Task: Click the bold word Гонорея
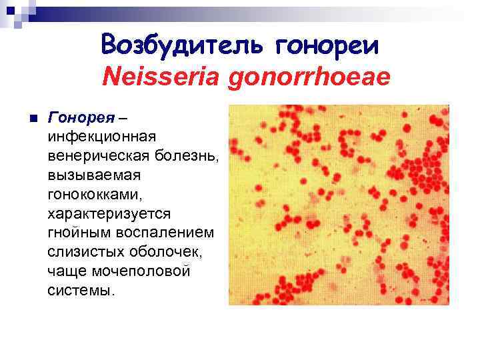(77, 117)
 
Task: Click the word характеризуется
(109, 214)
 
